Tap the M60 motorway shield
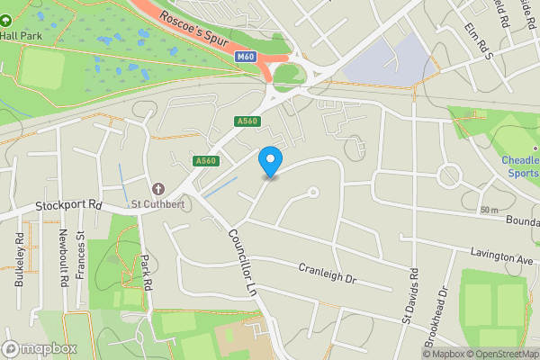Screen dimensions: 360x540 [246, 57]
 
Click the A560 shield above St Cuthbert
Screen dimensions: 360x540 [206, 161]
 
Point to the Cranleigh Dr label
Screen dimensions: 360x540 [328, 273]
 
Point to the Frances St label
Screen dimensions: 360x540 [80, 256]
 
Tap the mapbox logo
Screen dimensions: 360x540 [40, 349]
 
